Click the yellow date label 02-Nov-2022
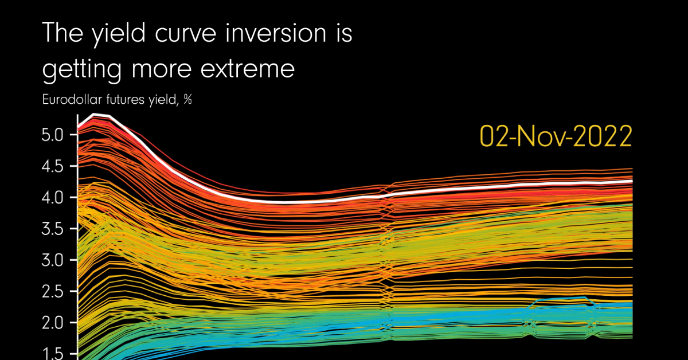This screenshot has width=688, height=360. (556, 137)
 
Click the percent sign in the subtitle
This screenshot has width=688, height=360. (187, 100)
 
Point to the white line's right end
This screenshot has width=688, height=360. (632, 181)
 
